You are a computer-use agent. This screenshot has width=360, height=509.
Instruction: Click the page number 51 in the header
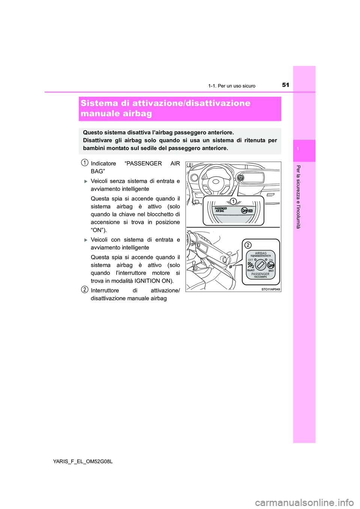[x=285, y=85]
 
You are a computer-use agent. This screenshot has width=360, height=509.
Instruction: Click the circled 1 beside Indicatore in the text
[x=85, y=163]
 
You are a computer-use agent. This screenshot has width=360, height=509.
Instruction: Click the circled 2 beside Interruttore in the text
[x=85, y=289]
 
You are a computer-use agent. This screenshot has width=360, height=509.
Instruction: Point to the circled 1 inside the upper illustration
[x=233, y=202]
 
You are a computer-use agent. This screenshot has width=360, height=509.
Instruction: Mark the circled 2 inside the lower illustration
[x=248, y=245]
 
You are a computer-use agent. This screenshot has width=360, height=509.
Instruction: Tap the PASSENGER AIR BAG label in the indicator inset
[x=221, y=210]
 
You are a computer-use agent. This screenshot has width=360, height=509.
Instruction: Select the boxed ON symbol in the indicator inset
[x=250, y=211]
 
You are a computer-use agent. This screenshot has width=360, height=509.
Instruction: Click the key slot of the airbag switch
[x=261, y=265]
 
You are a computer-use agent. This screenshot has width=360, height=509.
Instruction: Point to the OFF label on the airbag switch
[x=250, y=260]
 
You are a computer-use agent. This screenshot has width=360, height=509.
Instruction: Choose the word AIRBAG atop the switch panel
[x=261, y=253]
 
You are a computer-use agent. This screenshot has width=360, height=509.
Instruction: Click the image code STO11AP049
[x=270, y=289]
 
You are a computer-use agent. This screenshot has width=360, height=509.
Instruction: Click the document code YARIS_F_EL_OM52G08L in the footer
[x=83, y=461]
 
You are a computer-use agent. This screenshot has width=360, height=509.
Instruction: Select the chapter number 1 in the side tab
[x=298, y=149]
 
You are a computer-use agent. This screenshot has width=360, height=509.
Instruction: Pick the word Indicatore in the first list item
[x=103, y=163]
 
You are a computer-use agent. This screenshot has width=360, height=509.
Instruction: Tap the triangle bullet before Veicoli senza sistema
[x=86, y=181]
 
